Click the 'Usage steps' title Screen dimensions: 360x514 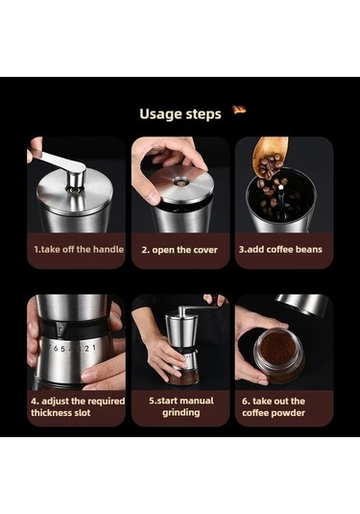[x=180, y=114]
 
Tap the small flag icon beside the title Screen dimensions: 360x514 [x=239, y=110]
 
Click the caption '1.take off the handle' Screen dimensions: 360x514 [x=79, y=250]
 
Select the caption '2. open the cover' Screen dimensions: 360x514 [x=180, y=250]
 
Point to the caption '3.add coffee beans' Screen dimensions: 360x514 [x=280, y=250]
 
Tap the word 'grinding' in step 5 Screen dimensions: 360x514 [x=181, y=412]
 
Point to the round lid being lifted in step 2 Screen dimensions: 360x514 [x=180, y=184]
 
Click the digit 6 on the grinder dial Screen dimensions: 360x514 [x=55, y=348]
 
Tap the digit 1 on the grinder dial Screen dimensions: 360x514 [x=94, y=347]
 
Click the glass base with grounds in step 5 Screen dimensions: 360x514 [x=184, y=377]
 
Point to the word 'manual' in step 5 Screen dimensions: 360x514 [x=196, y=401]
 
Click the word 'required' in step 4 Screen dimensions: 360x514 [x=107, y=402]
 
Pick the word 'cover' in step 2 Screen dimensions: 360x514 [x=205, y=250]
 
